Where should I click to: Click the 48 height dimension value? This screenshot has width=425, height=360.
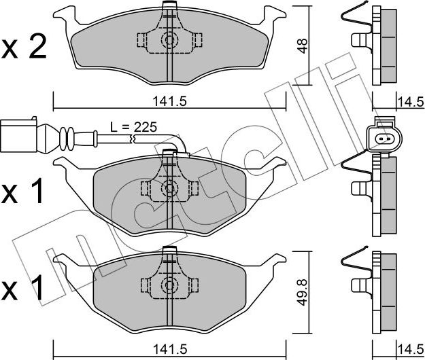[x=303, y=46]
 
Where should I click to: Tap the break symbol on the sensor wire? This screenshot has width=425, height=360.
[x=133, y=139]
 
